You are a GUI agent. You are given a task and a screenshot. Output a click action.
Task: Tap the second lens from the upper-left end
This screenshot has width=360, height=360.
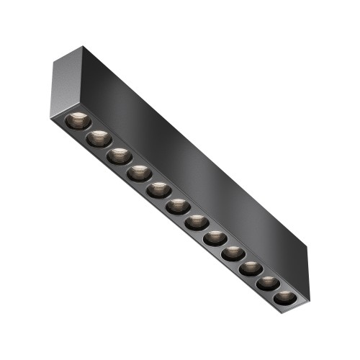pos(99,138)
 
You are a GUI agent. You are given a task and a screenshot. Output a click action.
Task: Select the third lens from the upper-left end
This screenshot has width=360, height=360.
pos(119,155)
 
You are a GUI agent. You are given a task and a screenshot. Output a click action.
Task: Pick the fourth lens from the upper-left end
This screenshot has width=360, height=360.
pos(138,172)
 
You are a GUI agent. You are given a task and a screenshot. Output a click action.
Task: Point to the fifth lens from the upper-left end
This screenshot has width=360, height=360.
pos(158,189)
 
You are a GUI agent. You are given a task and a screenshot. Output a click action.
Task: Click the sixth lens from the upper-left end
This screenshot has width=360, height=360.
pos(176,207)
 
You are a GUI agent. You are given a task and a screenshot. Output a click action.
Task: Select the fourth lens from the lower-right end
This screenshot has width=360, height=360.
pos(232,253)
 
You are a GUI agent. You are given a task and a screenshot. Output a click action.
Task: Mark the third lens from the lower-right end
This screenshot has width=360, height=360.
pos(249,269)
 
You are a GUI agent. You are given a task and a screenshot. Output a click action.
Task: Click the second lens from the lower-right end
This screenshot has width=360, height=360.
pos(266,283)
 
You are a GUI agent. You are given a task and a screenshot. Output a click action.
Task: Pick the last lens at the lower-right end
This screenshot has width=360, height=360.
pos(283,297)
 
